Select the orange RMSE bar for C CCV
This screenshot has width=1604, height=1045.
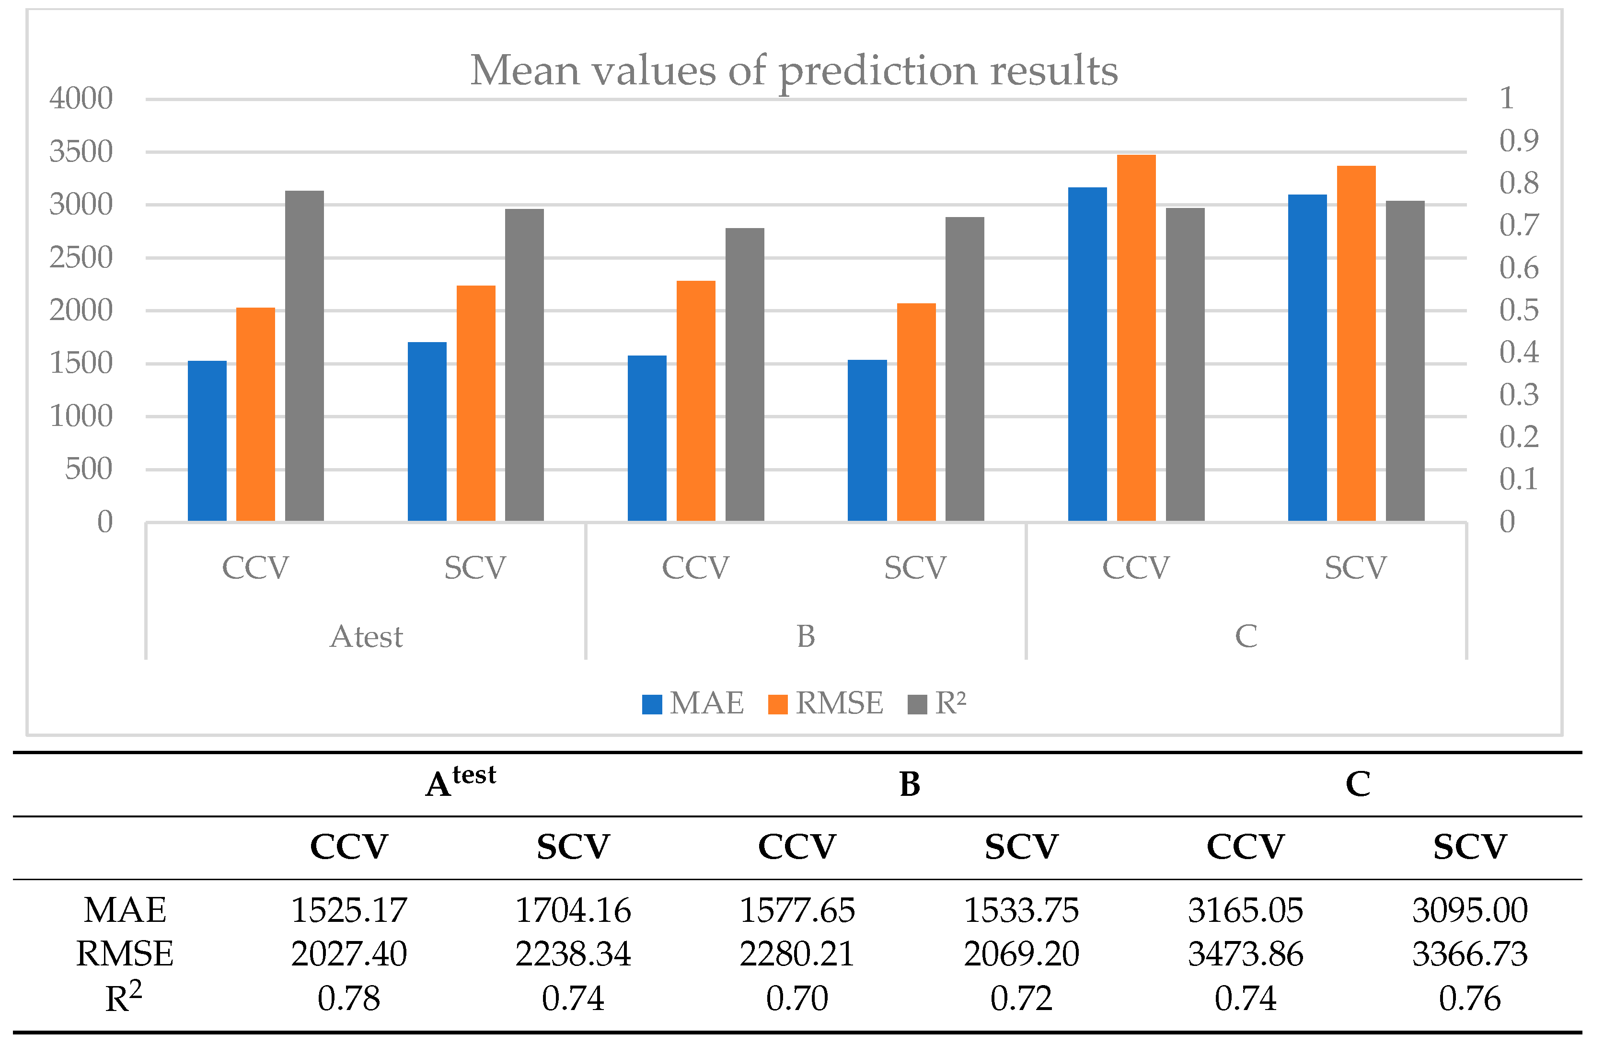coord(1136,337)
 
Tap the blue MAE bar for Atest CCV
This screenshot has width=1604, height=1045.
coord(207,441)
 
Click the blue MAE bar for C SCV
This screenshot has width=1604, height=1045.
coord(1307,357)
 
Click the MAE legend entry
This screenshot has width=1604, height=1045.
coord(694,703)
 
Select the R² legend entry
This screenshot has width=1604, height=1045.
coord(938,703)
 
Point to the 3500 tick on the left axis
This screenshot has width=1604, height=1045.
coord(81,151)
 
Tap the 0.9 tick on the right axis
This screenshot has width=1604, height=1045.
coord(1519,141)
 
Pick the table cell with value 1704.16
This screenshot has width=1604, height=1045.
coord(573,911)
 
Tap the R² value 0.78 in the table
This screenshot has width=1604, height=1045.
coord(348,999)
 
